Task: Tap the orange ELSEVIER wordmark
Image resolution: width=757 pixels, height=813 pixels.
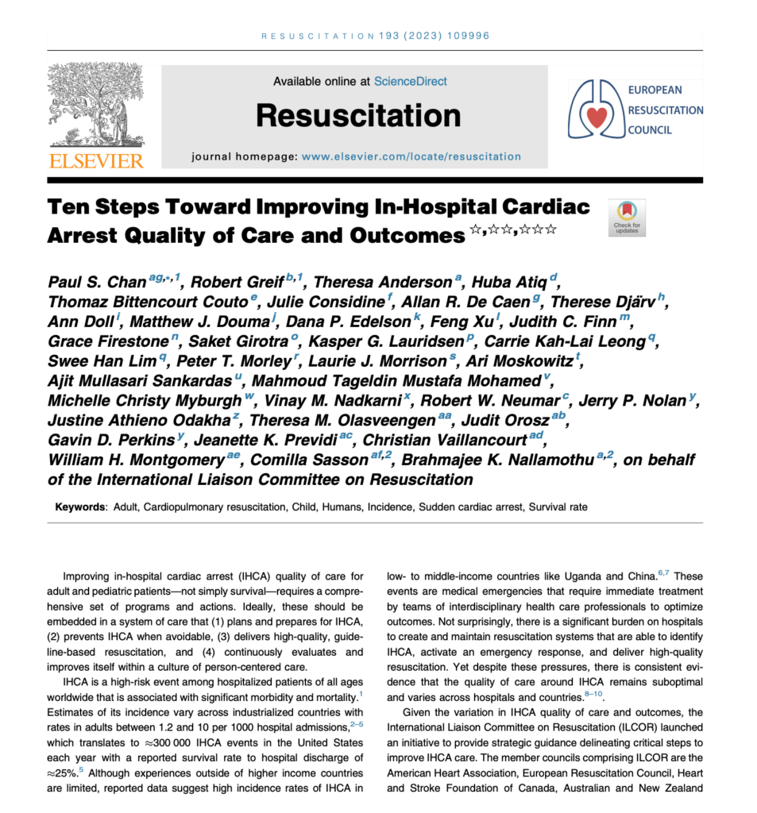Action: click(x=96, y=161)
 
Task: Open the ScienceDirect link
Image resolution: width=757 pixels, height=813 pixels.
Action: click(x=410, y=81)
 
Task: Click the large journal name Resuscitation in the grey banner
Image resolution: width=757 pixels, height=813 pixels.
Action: click(x=358, y=116)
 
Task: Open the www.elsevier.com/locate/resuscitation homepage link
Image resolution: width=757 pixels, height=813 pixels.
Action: click(x=411, y=156)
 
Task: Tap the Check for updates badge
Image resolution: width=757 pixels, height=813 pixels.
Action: click(x=626, y=217)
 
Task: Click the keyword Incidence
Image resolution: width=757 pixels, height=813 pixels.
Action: click(x=389, y=507)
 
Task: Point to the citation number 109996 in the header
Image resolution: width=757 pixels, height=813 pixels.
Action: click(x=468, y=36)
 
